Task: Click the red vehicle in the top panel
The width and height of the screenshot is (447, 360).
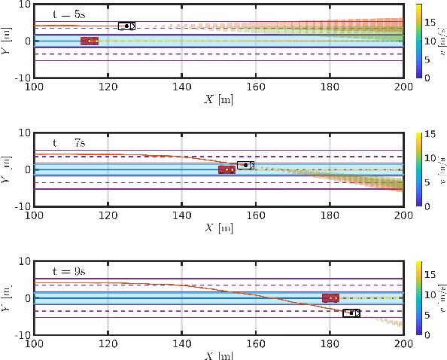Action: click(x=90, y=41)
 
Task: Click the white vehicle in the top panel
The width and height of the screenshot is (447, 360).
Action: click(x=126, y=26)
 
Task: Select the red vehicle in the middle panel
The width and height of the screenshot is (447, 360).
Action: click(x=227, y=169)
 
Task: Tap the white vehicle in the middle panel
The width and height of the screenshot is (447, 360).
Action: click(x=245, y=165)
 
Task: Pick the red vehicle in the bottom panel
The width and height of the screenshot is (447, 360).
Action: click(x=330, y=298)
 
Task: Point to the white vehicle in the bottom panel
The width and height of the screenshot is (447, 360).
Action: click(x=351, y=313)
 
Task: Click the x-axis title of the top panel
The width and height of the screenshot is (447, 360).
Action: click(x=218, y=99)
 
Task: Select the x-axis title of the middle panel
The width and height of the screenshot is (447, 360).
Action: click(x=218, y=227)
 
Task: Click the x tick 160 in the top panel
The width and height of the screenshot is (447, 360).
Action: click(x=256, y=86)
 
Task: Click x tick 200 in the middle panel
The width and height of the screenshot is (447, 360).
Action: click(x=403, y=215)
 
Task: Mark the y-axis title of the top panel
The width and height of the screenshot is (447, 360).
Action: click(x=6, y=41)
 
